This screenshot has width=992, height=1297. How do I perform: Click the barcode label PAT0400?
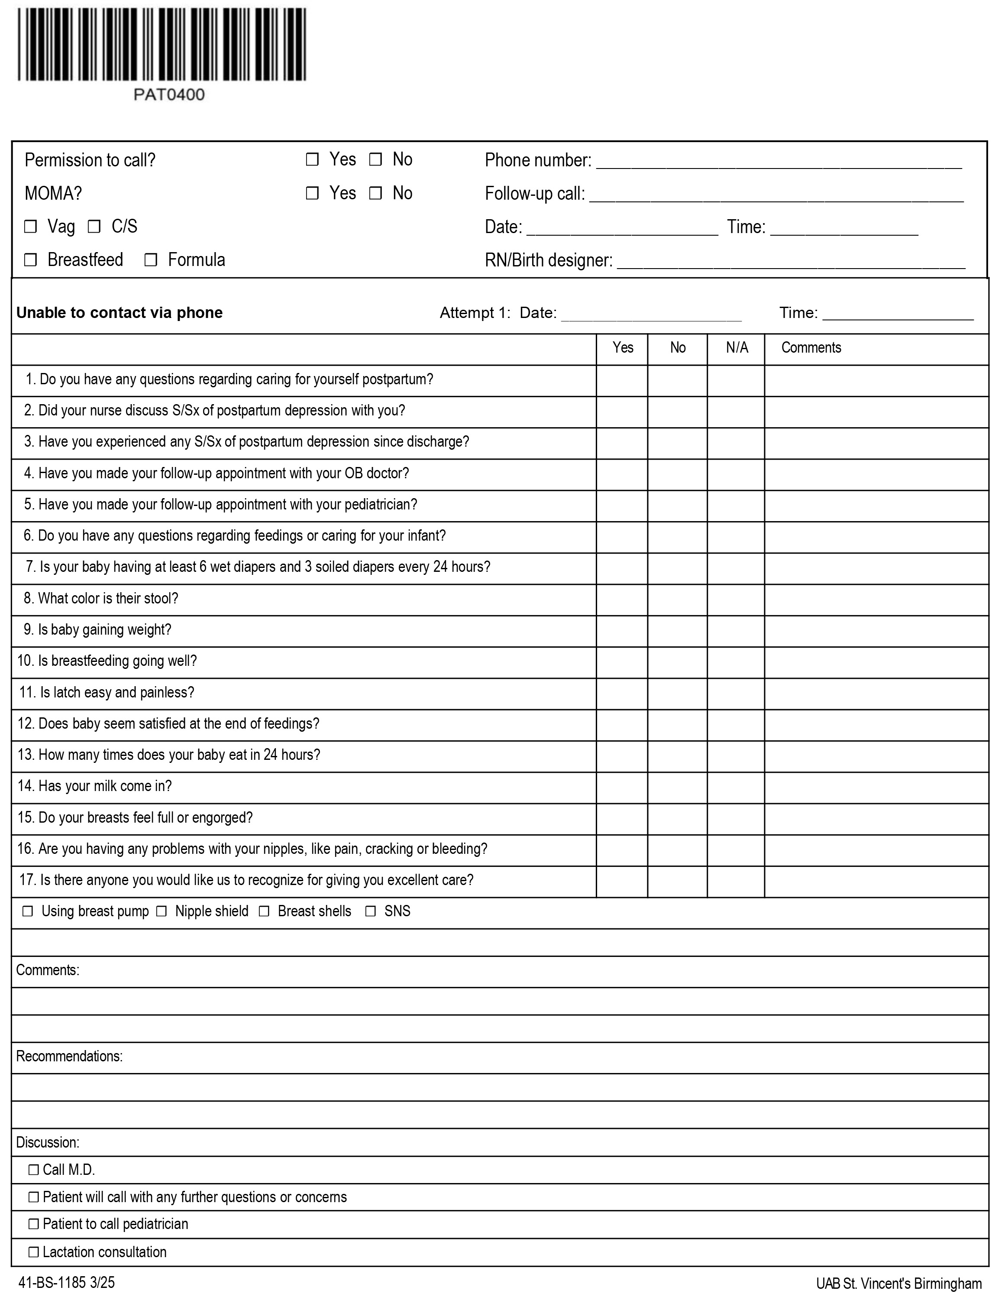coord(169,94)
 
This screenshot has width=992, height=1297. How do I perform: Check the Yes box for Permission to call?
coord(312,159)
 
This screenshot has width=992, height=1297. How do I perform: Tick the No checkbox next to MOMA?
coord(375,193)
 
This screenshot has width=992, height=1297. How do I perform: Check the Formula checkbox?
coord(151,260)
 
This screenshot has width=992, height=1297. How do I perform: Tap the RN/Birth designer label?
coord(548,260)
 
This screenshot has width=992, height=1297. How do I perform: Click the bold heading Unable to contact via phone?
coord(119,312)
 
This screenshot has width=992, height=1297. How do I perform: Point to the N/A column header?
coord(737,348)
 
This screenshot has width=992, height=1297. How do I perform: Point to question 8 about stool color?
coord(101,598)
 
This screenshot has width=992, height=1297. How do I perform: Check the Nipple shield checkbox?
coord(161,911)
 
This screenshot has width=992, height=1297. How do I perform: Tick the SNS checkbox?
coord(370,911)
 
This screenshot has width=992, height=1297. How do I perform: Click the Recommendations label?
coord(69,1056)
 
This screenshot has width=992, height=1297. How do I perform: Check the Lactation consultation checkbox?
coord(34,1252)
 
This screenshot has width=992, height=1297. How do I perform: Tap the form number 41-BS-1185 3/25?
coord(67,1282)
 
